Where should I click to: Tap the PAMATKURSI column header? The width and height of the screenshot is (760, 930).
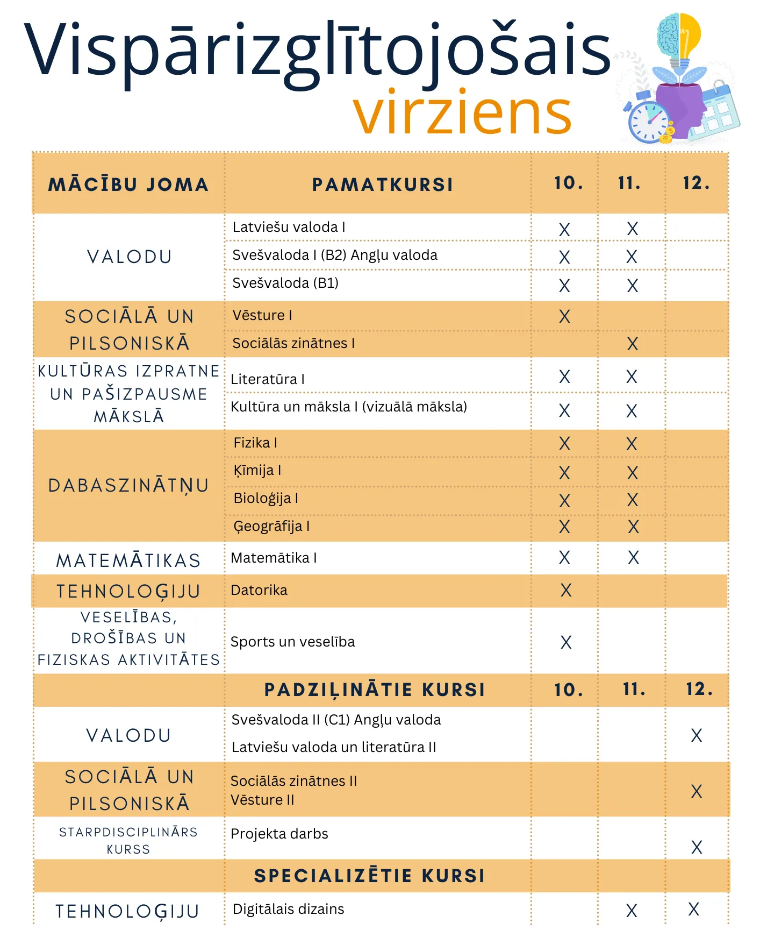coord(383,184)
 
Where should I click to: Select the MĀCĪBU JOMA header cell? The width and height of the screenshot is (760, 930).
coord(128,184)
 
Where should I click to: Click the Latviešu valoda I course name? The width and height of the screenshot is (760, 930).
coord(289,227)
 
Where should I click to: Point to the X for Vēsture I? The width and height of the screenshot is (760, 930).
coord(564,316)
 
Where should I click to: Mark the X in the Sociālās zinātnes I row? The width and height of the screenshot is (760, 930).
coord(633,344)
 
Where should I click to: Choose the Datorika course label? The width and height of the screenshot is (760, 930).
coord(259,590)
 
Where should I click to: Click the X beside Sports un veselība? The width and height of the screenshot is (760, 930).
coord(566,642)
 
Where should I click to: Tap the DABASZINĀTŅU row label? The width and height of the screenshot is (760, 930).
coord(128,486)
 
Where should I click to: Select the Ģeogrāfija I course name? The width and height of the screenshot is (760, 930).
coord(271,526)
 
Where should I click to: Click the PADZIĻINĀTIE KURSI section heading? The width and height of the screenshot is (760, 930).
coord(375,690)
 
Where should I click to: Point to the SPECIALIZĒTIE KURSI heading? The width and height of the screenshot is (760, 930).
coord(370,876)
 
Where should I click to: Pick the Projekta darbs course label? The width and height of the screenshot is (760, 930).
coord(279,834)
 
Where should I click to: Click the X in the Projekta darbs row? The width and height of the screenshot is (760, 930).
coord(697,847)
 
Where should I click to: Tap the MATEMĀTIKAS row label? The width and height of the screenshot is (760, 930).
coord(128,560)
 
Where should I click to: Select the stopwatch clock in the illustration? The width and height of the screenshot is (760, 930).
coord(649,122)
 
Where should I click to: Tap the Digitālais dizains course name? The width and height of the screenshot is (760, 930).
coord(288,909)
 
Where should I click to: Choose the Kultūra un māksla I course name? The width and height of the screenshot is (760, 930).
coord(349,407)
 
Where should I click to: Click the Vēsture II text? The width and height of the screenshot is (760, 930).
coord(262,800)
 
